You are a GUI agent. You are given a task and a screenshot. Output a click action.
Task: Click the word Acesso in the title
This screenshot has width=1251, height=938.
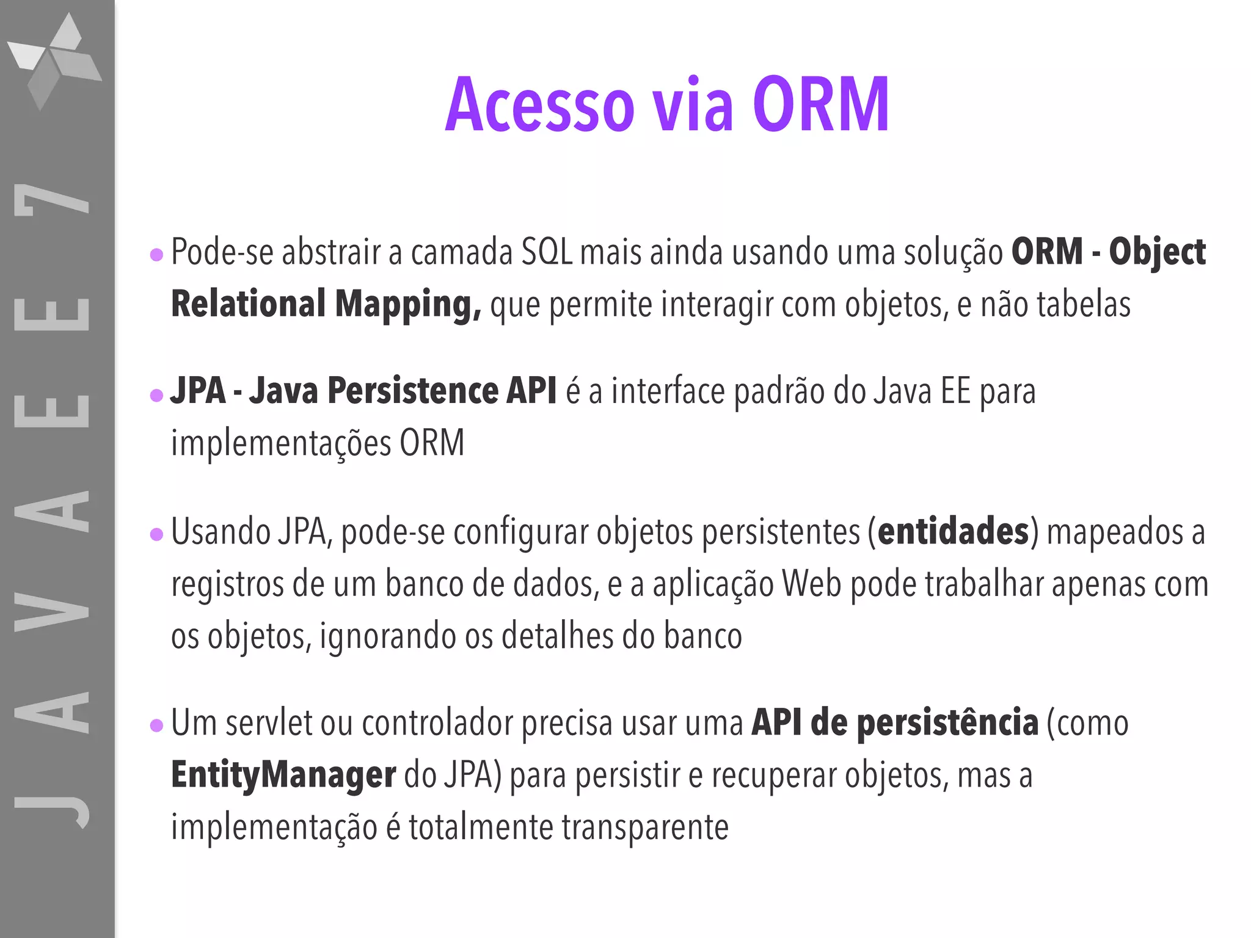click(540, 105)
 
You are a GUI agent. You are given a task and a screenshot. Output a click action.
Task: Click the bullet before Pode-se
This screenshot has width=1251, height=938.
click(156, 254)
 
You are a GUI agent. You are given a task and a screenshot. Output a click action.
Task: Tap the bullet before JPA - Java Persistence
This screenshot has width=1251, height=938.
click(156, 395)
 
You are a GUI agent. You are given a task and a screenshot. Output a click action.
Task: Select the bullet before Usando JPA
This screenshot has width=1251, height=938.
click(156, 535)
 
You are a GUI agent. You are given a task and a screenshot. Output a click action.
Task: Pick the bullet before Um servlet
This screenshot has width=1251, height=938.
click(156, 725)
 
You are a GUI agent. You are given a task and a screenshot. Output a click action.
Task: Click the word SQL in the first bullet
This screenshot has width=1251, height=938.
click(547, 252)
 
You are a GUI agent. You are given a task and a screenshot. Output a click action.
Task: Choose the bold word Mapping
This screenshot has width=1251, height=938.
click(407, 304)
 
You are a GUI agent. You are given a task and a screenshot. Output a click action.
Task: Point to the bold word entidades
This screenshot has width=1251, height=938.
click(953, 531)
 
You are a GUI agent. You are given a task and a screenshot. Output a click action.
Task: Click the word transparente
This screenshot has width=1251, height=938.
click(645, 827)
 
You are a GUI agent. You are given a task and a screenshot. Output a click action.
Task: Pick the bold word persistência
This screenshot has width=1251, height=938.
click(947, 723)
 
